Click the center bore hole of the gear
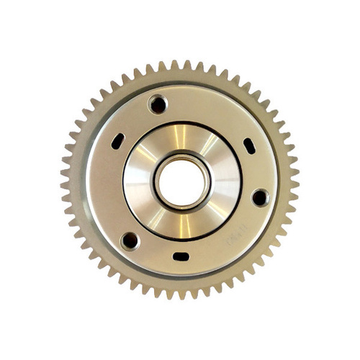point(180,180)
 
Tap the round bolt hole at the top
point(158,104)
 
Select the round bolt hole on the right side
point(259,197)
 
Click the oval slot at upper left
point(117,142)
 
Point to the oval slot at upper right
point(248,145)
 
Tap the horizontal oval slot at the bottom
point(181,256)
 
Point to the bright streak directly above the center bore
point(180,137)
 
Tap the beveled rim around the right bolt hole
point(267,197)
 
